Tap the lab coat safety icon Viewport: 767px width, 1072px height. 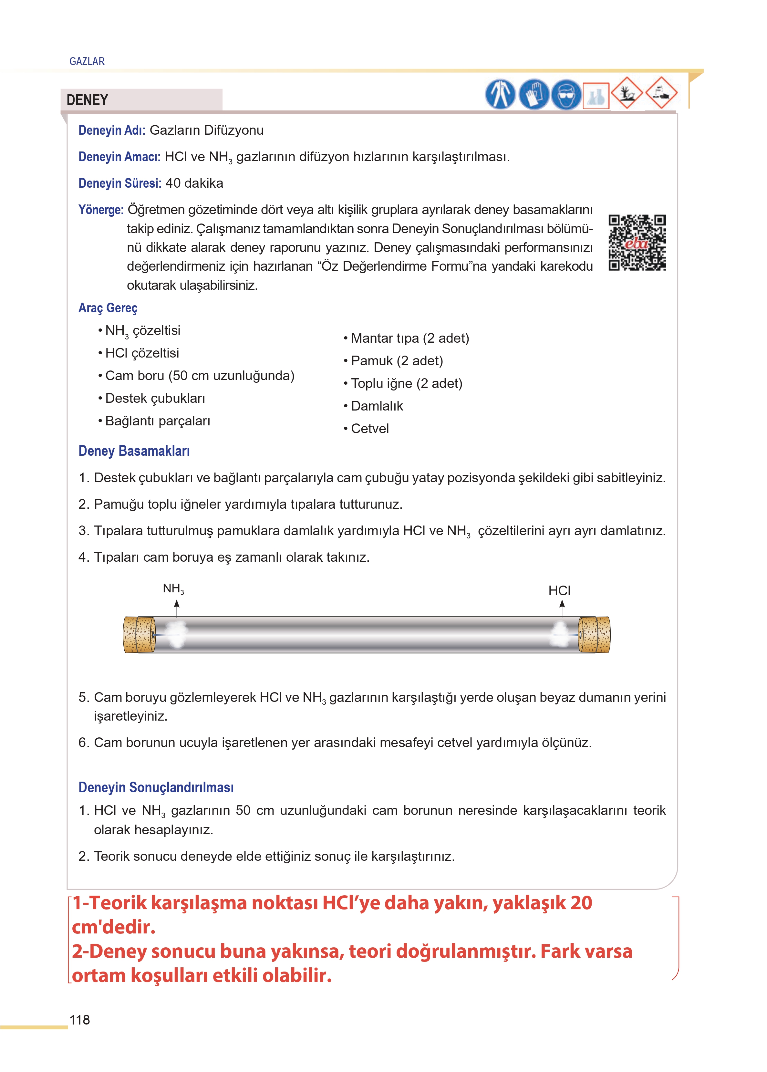tap(500, 94)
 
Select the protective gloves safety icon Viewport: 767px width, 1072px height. tap(534, 94)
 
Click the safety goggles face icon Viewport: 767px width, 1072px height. tap(566, 94)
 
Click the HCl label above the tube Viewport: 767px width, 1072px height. tap(559, 590)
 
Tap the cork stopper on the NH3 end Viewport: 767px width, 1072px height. tap(139, 634)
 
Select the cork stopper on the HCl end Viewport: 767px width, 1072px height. tap(595, 634)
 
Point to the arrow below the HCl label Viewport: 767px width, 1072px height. tap(562, 608)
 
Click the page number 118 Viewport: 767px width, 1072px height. tap(79, 1020)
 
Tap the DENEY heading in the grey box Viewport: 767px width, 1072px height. tap(88, 100)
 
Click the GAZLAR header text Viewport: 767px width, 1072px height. tap(87, 61)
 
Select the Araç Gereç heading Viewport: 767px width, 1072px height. tap(108, 308)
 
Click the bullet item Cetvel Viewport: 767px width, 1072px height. tap(369, 428)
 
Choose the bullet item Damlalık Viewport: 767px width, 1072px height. tap(377, 406)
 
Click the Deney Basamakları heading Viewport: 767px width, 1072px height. tap(134, 451)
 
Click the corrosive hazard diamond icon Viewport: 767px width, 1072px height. tap(661, 93)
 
